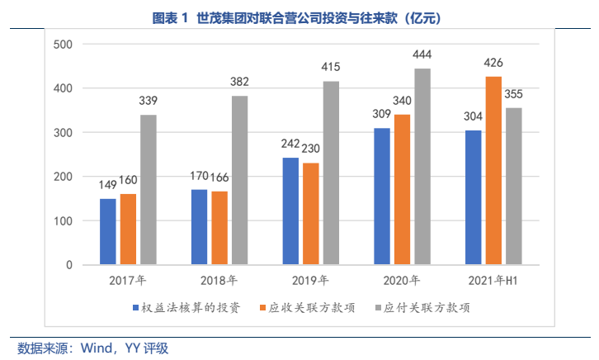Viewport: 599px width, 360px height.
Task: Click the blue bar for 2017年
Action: pos(108,232)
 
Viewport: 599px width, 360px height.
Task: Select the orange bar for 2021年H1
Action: pos(493,171)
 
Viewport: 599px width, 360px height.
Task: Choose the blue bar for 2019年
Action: pos(290,211)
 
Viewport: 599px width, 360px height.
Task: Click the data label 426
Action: pos(493,63)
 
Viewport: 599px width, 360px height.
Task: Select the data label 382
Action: pos(239,82)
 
